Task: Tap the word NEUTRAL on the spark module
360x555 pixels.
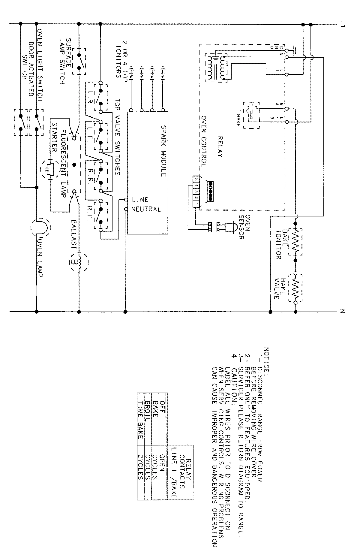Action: (147, 209)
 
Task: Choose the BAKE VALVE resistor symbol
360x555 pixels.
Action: (295, 287)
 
